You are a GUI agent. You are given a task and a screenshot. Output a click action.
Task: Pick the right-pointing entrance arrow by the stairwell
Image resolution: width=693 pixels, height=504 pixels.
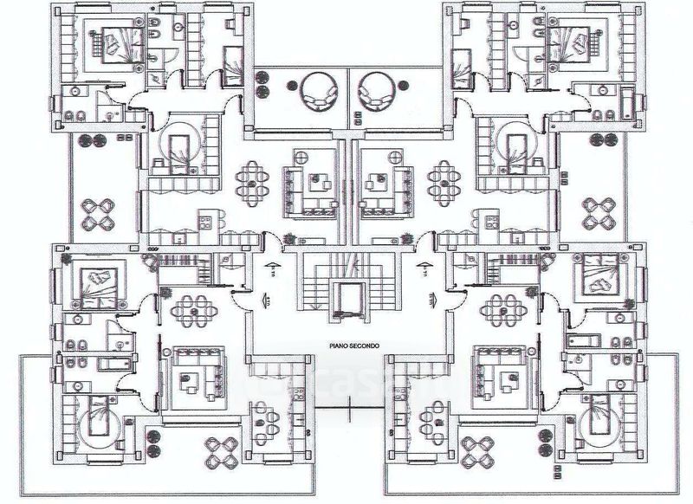(430, 300)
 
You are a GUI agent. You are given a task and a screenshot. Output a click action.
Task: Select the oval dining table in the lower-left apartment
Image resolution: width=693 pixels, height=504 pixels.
(191, 308)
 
